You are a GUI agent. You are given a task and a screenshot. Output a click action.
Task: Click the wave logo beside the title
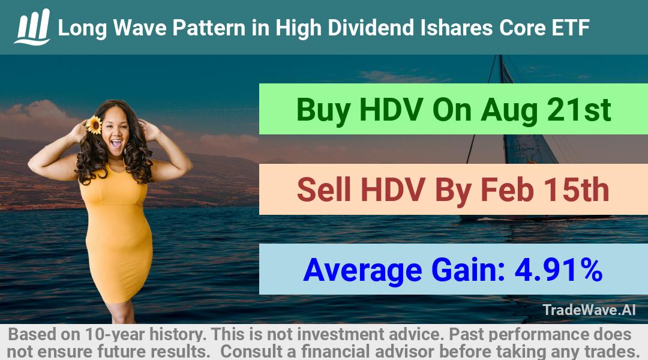[32, 27]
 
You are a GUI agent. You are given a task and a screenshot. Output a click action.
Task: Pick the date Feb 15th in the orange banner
[545, 190]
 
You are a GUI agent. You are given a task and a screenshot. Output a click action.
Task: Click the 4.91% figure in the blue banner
[558, 270]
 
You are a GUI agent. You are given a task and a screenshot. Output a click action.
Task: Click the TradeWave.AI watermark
[589, 310]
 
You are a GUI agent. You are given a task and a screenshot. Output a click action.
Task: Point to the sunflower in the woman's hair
[95, 125]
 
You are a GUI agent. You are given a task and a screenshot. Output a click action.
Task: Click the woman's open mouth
[116, 144]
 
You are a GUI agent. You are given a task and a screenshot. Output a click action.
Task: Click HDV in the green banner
[391, 110]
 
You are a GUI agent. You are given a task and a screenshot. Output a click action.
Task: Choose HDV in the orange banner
[393, 190]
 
